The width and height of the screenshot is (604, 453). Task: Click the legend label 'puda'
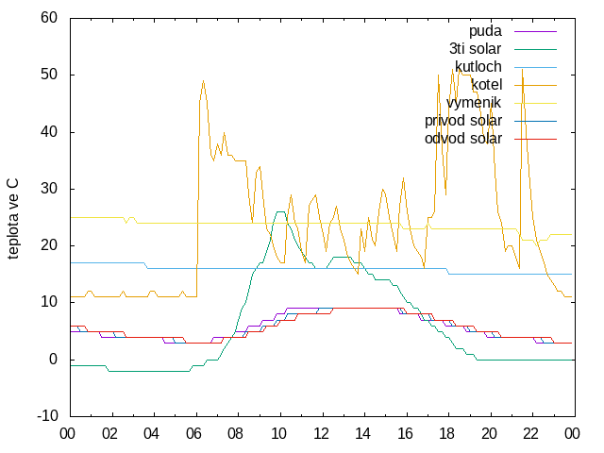pyautogui.click(x=485, y=31)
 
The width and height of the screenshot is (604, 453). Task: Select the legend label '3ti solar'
pyautogui.click(x=476, y=49)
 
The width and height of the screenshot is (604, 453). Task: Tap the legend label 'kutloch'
pyautogui.click(x=478, y=67)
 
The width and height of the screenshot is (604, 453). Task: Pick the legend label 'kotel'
pyautogui.click(x=487, y=84)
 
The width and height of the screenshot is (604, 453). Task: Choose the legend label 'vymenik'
pyautogui.click(x=474, y=103)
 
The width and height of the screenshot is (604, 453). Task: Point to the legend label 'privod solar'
pyautogui.click(x=463, y=121)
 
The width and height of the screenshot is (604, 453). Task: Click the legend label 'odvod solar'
pyautogui.click(x=463, y=139)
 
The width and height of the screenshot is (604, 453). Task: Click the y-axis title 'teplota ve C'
pyautogui.click(x=12, y=218)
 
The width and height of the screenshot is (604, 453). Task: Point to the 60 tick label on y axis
pyautogui.click(x=49, y=17)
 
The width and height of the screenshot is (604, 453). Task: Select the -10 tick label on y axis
pyautogui.click(x=47, y=416)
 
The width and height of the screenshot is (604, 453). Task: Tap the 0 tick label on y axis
pyautogui.click(x=53, y=360)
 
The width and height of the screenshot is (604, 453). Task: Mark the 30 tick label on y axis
pyautogui.click(x=49, y=189)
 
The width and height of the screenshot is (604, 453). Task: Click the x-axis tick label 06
pyautogui.click(x=193, y=434)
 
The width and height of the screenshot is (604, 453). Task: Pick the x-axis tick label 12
pyautogui.click(x=321, y=434)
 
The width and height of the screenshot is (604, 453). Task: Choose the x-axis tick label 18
pyautogui.click(x=446, y=434)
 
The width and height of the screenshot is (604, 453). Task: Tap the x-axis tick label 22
pyautogui.click(x=530, y=434)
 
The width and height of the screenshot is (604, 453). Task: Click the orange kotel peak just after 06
pyautogui.click(x=204, y=81)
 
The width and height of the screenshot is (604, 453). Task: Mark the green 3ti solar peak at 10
pyautogui.click(x=280, y=211)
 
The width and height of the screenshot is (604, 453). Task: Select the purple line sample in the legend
pyautogui.click(x=535, y=31)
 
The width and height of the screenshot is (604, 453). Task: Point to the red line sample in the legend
pyautogui.click(x=535, y=139)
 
